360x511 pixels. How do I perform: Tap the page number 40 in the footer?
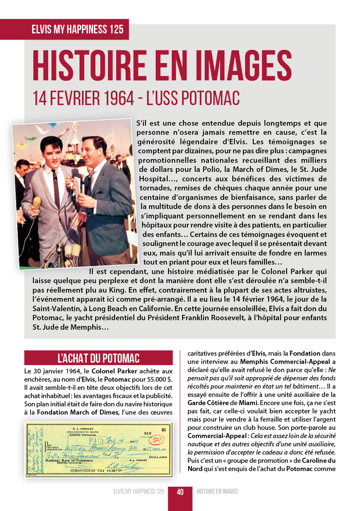180,492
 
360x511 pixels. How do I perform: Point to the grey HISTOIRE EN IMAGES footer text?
217,492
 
